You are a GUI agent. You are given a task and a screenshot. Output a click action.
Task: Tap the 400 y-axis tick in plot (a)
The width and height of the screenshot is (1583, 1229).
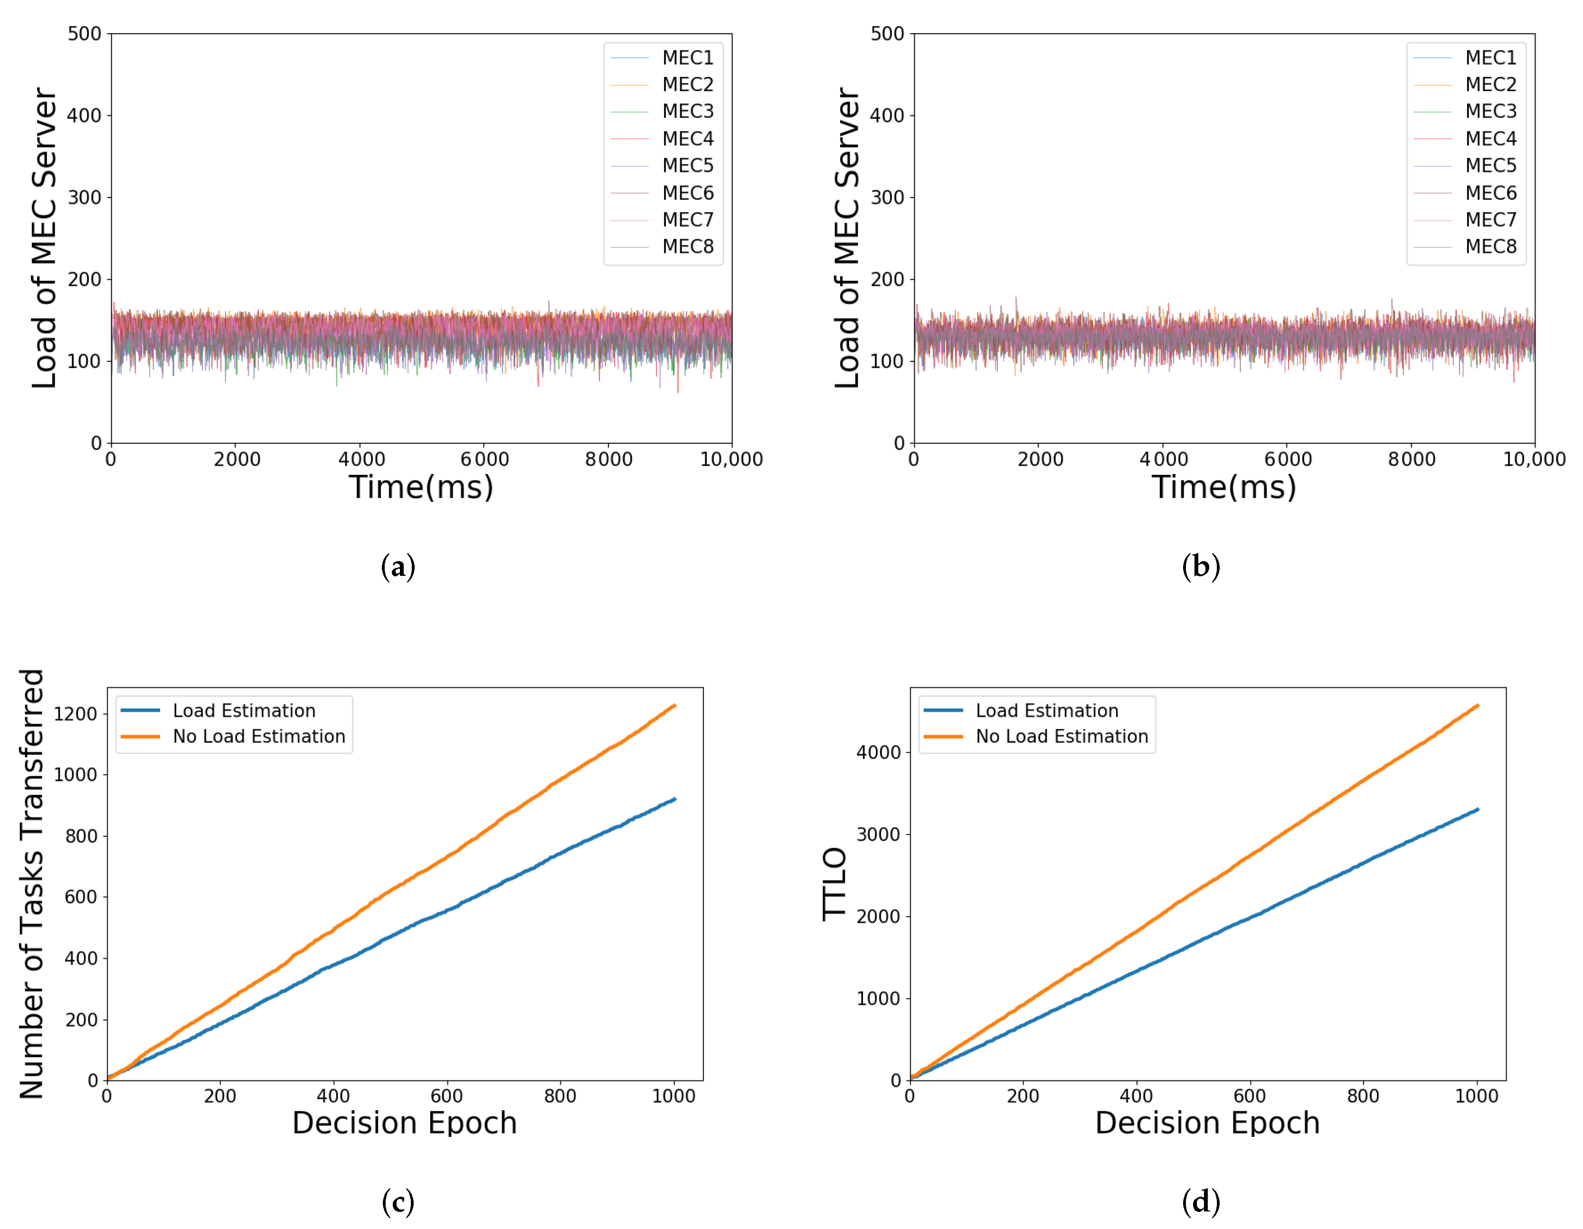(84, 115)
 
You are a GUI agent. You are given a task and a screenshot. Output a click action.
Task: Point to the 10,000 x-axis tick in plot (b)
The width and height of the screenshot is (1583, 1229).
(1534, 460)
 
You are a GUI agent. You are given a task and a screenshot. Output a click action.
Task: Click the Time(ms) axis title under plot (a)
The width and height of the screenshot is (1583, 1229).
(421, 487)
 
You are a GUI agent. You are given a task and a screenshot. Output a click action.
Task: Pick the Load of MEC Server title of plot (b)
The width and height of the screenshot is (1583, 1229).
(846, 238)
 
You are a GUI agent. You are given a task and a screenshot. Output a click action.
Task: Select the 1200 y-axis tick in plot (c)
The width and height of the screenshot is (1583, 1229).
(76, 714)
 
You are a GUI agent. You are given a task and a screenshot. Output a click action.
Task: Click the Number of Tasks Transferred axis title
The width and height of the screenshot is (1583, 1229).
(32, 883)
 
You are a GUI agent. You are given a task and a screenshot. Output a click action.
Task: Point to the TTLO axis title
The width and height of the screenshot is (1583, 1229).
(835, 883)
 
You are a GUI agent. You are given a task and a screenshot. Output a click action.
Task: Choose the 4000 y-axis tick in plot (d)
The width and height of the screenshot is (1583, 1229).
(878, 752)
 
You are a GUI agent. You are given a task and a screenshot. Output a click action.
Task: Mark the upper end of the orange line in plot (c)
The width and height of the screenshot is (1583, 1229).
(675, 705)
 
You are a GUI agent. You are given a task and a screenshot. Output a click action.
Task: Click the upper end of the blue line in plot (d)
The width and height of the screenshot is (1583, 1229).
(1477, 809)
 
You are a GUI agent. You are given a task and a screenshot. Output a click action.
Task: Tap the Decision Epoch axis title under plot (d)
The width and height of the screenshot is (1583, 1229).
(1207, 1123)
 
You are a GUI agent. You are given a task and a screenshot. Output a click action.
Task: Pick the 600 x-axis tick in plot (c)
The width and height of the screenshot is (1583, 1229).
(446, 1096)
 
